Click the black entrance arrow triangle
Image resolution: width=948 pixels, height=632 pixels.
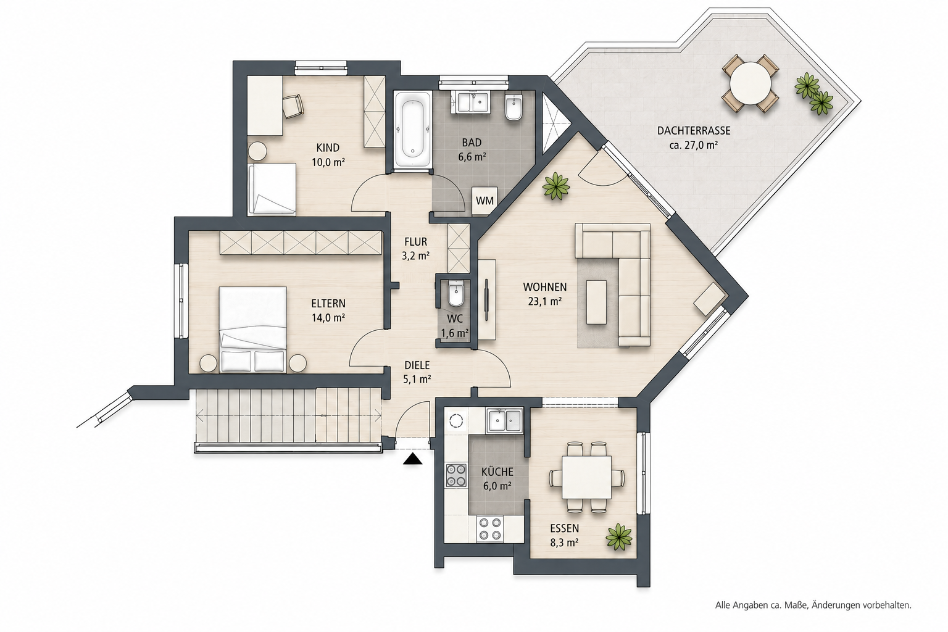[x=413, y=460]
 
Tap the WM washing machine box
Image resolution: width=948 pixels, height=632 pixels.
[x=484, y=201]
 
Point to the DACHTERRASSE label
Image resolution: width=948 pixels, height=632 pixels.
[x=694, y=131]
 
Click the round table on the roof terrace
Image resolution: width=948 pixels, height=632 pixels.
[x=750, y=83]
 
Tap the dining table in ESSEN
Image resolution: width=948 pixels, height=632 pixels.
[x=586, y=477]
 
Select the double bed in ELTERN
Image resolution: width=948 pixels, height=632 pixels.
[x=253, y=330]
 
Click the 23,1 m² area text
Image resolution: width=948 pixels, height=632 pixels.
[x=544, y=301]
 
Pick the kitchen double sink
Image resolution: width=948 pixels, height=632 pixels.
[x=504, y=420]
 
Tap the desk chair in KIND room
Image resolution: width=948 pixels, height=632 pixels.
[x=293, y=106]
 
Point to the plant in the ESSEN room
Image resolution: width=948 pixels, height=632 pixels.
[x=619, y=537]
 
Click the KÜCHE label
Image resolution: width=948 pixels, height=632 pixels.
[x=497, y=472]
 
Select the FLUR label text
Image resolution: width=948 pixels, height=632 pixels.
[x=415, y=242]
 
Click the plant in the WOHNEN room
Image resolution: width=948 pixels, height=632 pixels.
[x=556, y=186]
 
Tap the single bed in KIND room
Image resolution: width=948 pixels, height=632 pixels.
[x=272, y=189]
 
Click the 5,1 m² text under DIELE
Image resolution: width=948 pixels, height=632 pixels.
[x=417, y=380]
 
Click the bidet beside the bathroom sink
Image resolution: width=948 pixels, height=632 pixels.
[x=514, y=107]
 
